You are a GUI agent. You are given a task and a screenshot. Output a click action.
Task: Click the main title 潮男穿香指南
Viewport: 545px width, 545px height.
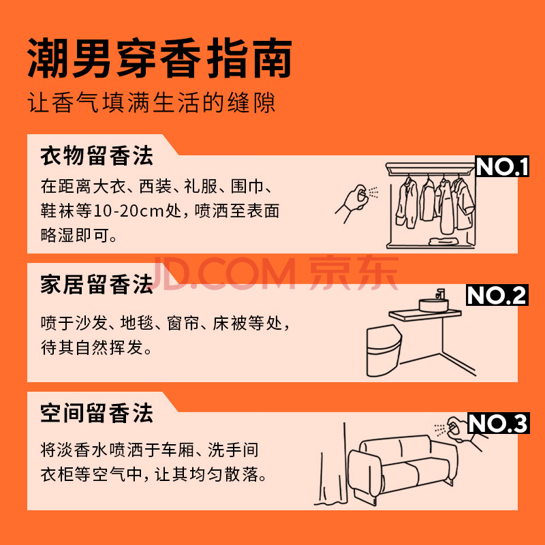[x=159, y=59]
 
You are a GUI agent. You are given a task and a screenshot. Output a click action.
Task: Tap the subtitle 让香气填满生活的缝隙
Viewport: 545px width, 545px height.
[x=151, y=103]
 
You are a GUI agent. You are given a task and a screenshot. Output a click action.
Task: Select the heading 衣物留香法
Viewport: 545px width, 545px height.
[x=97, y=156]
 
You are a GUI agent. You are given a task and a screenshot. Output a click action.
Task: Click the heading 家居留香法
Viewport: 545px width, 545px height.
[x=97, y=284]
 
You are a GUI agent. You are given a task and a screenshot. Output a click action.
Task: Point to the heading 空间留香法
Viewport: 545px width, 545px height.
[x=97, y=414]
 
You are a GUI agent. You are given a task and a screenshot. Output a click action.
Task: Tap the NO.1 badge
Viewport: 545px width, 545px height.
[x=502, y=166]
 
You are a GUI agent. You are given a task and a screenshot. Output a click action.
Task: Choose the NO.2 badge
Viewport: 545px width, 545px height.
[x=497, y=295]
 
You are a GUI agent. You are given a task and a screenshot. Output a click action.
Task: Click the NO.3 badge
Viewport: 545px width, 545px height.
[x=498, y=423]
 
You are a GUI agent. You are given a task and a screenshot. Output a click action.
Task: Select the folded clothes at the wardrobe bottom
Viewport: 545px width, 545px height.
[x=442, y=241]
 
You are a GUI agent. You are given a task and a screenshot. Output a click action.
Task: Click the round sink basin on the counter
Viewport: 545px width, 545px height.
[x=433, y=305]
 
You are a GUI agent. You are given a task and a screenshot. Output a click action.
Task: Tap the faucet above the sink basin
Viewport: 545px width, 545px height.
[x=440, y=294]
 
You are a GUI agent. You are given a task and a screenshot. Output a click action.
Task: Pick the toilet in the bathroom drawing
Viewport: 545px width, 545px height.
[x=384, y=350]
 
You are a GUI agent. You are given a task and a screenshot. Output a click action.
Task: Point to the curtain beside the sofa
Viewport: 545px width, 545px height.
[x=332, y=466]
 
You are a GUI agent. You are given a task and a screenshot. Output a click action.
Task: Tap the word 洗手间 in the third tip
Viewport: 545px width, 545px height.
[x=233, y=450]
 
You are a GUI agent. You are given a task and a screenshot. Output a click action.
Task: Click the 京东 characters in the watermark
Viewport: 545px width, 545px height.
[x=354, y=273]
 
